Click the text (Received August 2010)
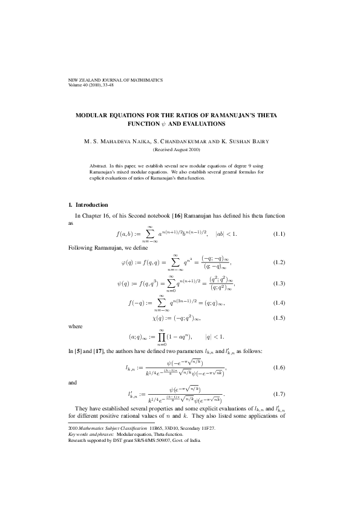coord(180,149)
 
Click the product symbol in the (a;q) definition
coord(162,337)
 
